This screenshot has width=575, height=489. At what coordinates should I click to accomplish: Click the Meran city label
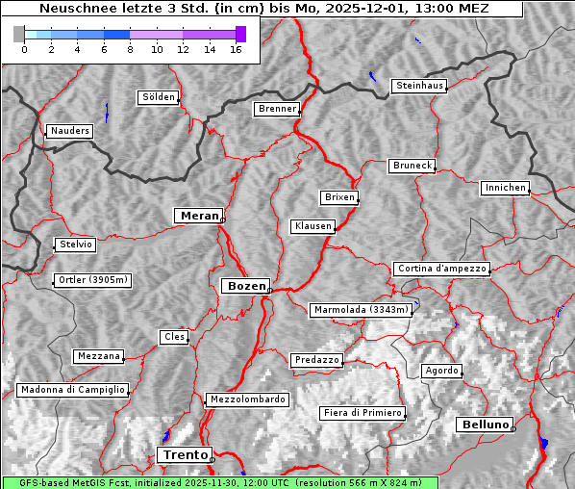(198, 216)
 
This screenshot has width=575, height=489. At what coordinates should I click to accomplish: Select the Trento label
(184, 454)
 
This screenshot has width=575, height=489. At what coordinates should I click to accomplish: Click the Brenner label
(277, 109)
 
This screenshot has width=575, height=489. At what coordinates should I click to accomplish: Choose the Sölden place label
(159, 97)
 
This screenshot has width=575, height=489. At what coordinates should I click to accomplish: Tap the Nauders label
(69, 131)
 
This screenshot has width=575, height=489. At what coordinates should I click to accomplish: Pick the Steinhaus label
(420, 86)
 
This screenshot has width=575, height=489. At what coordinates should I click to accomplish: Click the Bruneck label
(412, 166)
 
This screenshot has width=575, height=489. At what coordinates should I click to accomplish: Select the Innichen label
(505, 188)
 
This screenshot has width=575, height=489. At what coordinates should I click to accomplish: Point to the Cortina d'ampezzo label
(441, 269)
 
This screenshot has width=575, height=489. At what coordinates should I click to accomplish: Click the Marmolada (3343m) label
(362, 310)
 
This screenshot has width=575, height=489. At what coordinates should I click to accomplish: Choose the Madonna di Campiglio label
(72, 390)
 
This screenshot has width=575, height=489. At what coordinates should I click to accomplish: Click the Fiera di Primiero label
(362, 413)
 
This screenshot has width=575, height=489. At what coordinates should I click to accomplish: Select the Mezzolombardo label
(246, 399)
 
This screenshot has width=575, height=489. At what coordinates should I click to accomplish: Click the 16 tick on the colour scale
(236, 48)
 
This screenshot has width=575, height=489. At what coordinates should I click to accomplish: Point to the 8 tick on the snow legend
(130, 48)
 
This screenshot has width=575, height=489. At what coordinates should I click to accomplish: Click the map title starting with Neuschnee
(262, 9)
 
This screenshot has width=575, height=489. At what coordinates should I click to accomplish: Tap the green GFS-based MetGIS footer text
(219, 482)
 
